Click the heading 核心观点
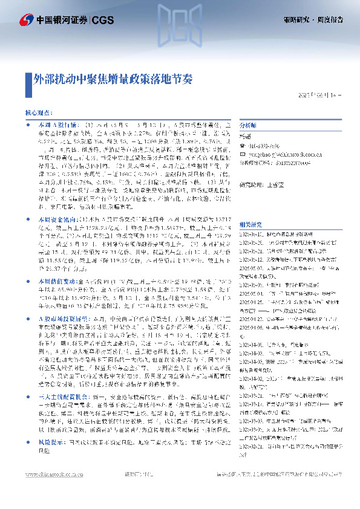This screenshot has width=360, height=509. (x=38, y=112)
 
